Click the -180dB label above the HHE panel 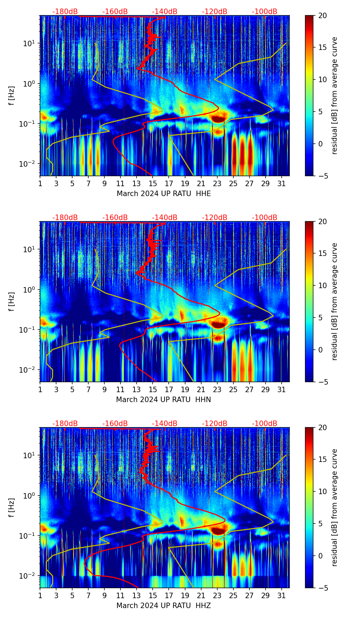tap(65, 12)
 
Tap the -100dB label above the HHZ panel tap(265, 424)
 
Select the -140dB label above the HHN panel tap(165, 218)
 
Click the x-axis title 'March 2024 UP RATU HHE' tap(164, 194)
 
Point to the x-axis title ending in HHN tap(164, 400)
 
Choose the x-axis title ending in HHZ tap(164, 606)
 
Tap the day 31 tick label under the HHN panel tap(281, 389)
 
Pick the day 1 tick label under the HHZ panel tap(40, 595)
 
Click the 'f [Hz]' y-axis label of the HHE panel tap(12, 95)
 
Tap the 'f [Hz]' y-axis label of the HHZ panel tap(12, 507)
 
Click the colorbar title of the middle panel tap(335, 301)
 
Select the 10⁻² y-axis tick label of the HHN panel tap(29, 370)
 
